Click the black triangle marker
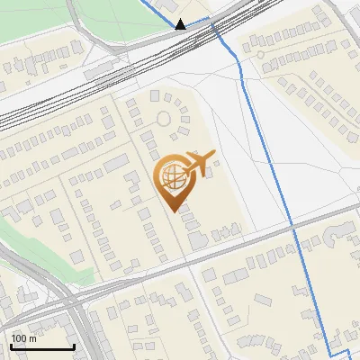tap(181, 24)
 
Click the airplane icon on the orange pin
tap(200, 162)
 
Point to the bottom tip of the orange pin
tap(173, 211)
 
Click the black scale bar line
tap(42, 346)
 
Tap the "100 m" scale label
tap(23, 338)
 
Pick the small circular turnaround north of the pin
tap(164, 118)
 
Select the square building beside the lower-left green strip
tap(79, 257)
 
